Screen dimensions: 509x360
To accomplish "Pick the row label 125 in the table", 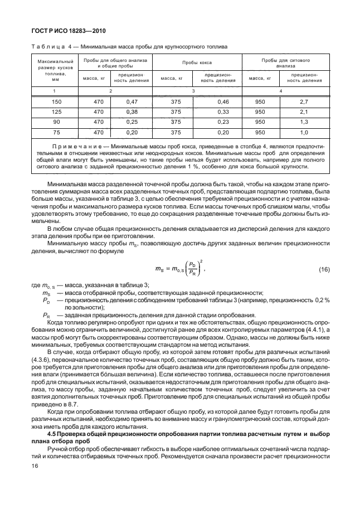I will [56, 112].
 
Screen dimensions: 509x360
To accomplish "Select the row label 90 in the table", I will [56, 122].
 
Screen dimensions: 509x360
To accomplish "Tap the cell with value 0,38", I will [132, 112].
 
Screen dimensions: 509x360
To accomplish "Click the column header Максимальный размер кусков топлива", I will [56, 70].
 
